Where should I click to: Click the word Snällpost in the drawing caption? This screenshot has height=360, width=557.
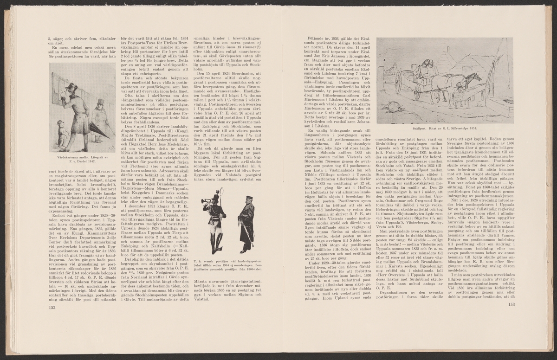click(x=421, y=127)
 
